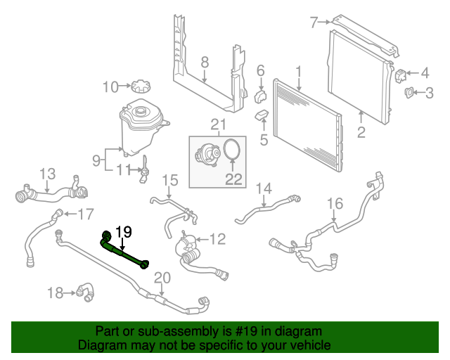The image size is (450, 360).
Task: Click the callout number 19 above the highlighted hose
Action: [x=124, y=231]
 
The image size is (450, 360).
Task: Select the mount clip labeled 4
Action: [x=404, y=73]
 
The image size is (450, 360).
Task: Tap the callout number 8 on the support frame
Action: [x=205, y=63]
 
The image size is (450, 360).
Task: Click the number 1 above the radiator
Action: [x=298, y=71]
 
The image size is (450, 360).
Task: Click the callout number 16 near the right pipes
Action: [x=335, y=204]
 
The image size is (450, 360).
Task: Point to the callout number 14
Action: [x=263, y=188]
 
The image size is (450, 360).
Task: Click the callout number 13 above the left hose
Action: [x=47, y=174]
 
